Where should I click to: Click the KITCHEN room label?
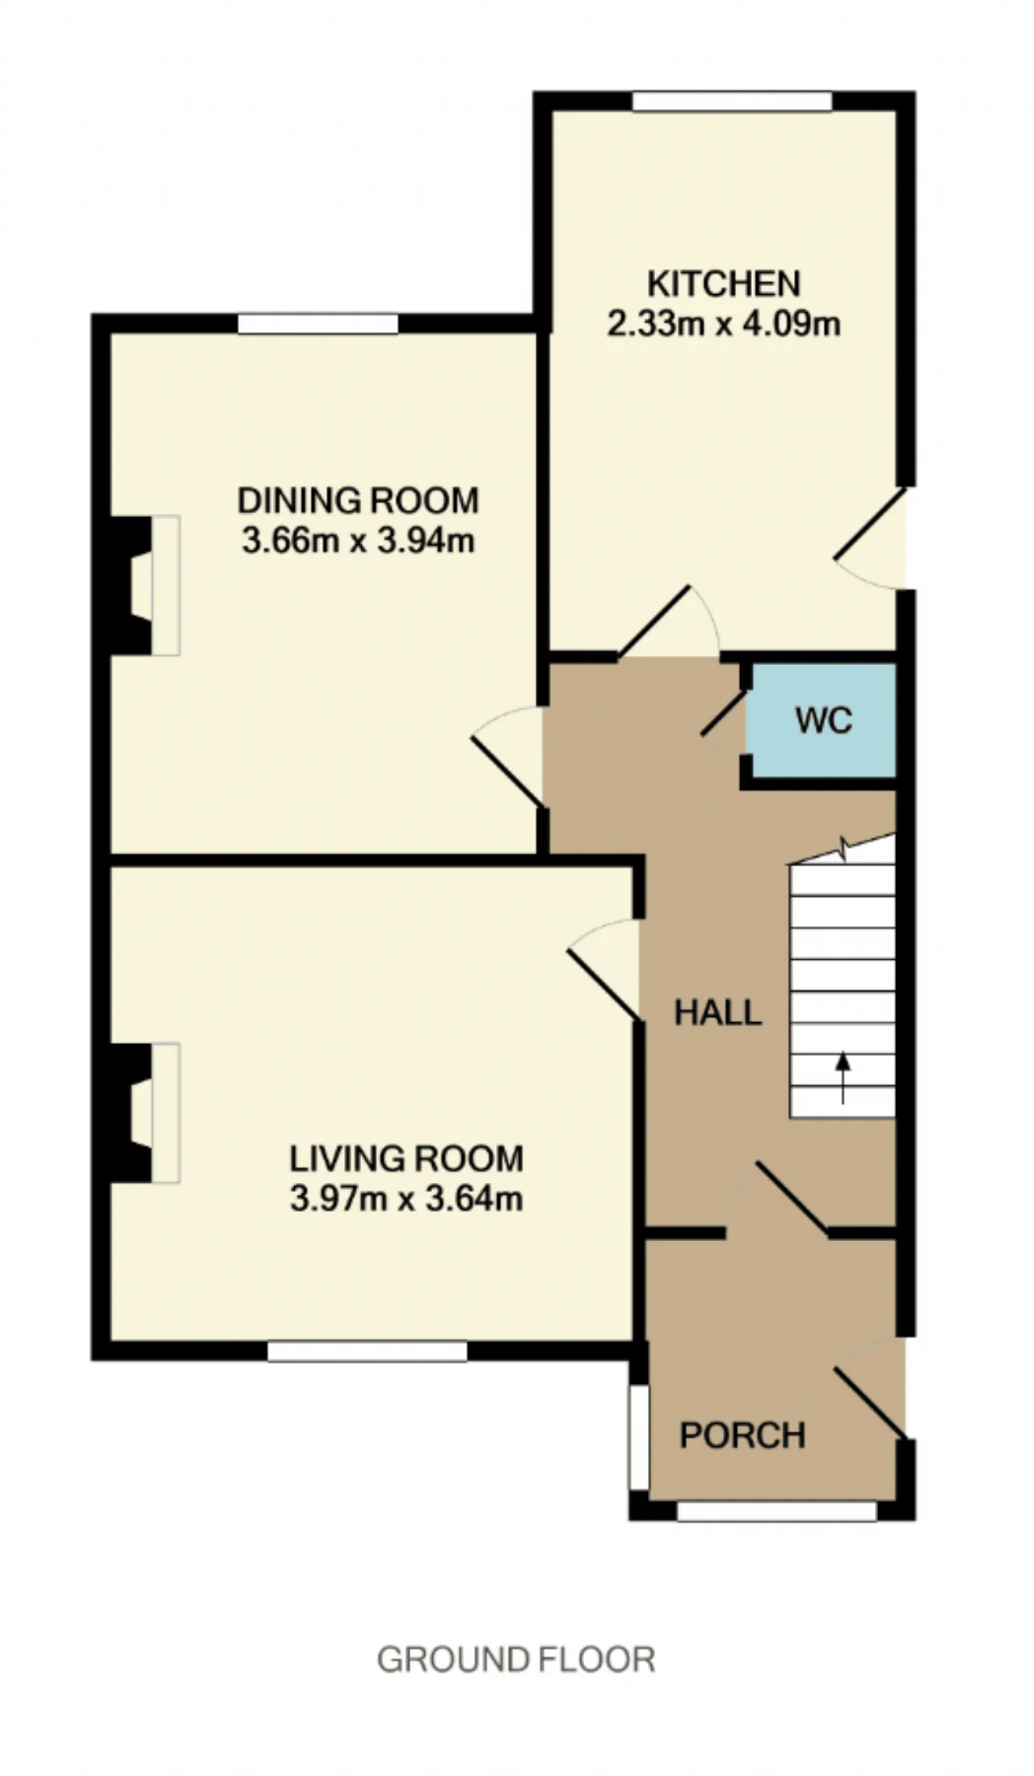(724, 284)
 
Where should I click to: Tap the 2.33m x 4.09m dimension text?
(724, 324)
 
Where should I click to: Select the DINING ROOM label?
(358, 501)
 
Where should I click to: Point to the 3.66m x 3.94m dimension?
(358, 541)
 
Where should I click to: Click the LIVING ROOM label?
(406, 1159)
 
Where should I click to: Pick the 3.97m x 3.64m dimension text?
(406, 1198)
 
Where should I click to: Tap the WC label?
(823, 720)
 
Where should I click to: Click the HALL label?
(718, 1012)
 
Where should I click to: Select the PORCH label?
(742, 1436)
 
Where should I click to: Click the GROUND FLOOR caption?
(516, 1660)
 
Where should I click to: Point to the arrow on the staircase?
(843, 1078)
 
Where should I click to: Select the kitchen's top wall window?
(732, 101)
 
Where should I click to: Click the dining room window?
(318, 323)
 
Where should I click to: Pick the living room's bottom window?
(368, 1351)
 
